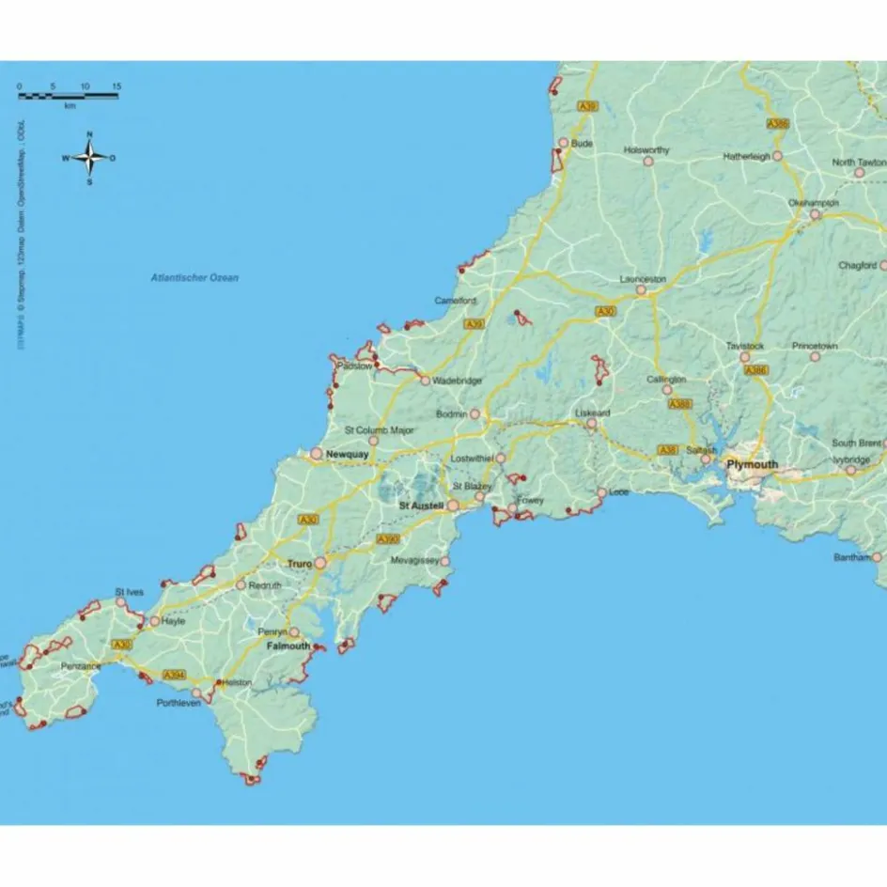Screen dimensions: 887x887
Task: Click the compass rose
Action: coord(89,157)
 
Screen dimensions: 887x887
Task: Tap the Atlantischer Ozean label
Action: coord(195,278)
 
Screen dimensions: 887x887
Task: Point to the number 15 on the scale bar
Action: coord(116,86)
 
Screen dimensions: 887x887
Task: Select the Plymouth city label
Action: coord(752,464)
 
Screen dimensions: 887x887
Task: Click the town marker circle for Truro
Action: coord(320,563)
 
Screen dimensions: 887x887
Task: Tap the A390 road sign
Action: coord(387,539)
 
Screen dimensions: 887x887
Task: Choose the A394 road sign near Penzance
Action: coord(174,675)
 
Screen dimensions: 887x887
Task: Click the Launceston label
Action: coord(643,279)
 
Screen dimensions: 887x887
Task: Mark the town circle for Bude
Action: coord(563,144)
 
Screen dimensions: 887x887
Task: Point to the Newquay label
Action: coord(348,454)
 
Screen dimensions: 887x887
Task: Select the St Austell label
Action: coord(421,506)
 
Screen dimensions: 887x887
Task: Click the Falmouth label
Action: coord(288,646)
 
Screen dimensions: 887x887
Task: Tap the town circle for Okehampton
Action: coord(816,215)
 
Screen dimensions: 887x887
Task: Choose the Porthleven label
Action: coord(179,703)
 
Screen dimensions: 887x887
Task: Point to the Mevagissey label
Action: coord(414,561)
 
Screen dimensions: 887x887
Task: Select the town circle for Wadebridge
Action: coord(425,381)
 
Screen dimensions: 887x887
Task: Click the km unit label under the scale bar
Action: coord(70,106)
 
